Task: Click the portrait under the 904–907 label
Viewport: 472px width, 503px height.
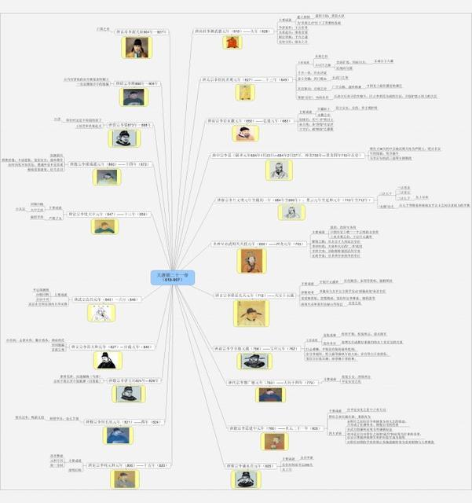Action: pos(136,47)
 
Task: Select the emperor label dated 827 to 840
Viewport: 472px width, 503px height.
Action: pos(109,346)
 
